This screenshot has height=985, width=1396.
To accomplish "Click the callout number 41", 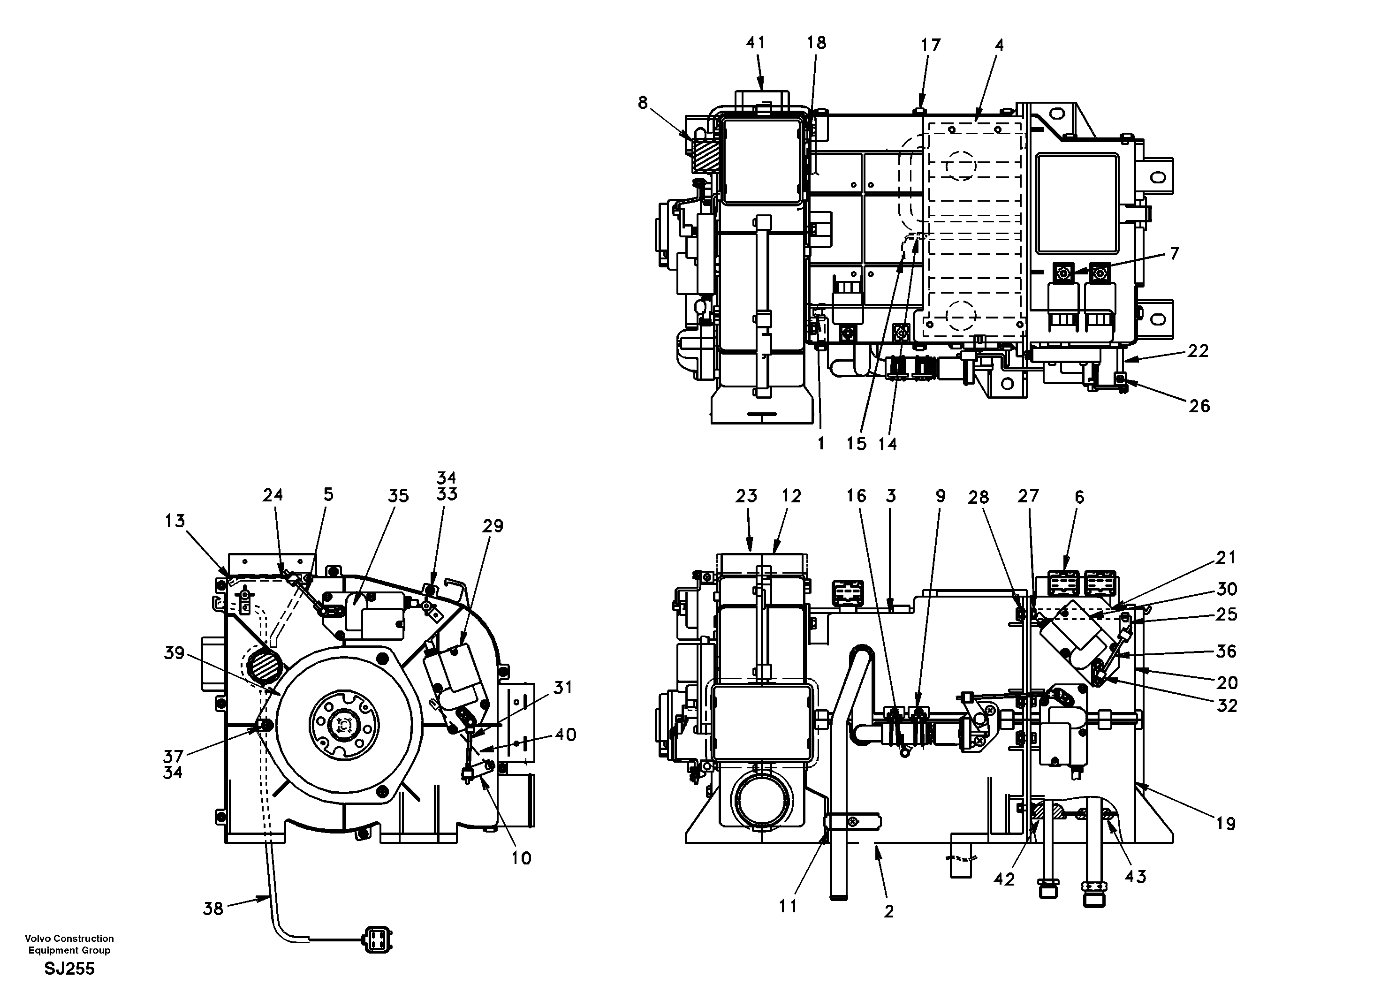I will (755, 43).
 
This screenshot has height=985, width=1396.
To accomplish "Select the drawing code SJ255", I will (69, 969).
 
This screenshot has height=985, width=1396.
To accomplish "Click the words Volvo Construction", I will (69, 939).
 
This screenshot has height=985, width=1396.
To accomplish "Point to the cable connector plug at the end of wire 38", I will (377, 938).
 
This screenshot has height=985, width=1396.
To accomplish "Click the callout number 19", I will (1226, 824).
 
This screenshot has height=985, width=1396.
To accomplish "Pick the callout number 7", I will (1174, 254).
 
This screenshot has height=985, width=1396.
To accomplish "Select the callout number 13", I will (175, 521).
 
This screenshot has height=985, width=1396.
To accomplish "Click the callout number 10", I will (522, 858).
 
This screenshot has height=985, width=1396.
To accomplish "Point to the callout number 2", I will (889, 911).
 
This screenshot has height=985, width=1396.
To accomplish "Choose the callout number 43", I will (1135, 876).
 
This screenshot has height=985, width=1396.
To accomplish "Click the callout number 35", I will (398, 496).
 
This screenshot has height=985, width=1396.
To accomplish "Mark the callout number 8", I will (643, 103).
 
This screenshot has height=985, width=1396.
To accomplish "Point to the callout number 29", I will (493, 526).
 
